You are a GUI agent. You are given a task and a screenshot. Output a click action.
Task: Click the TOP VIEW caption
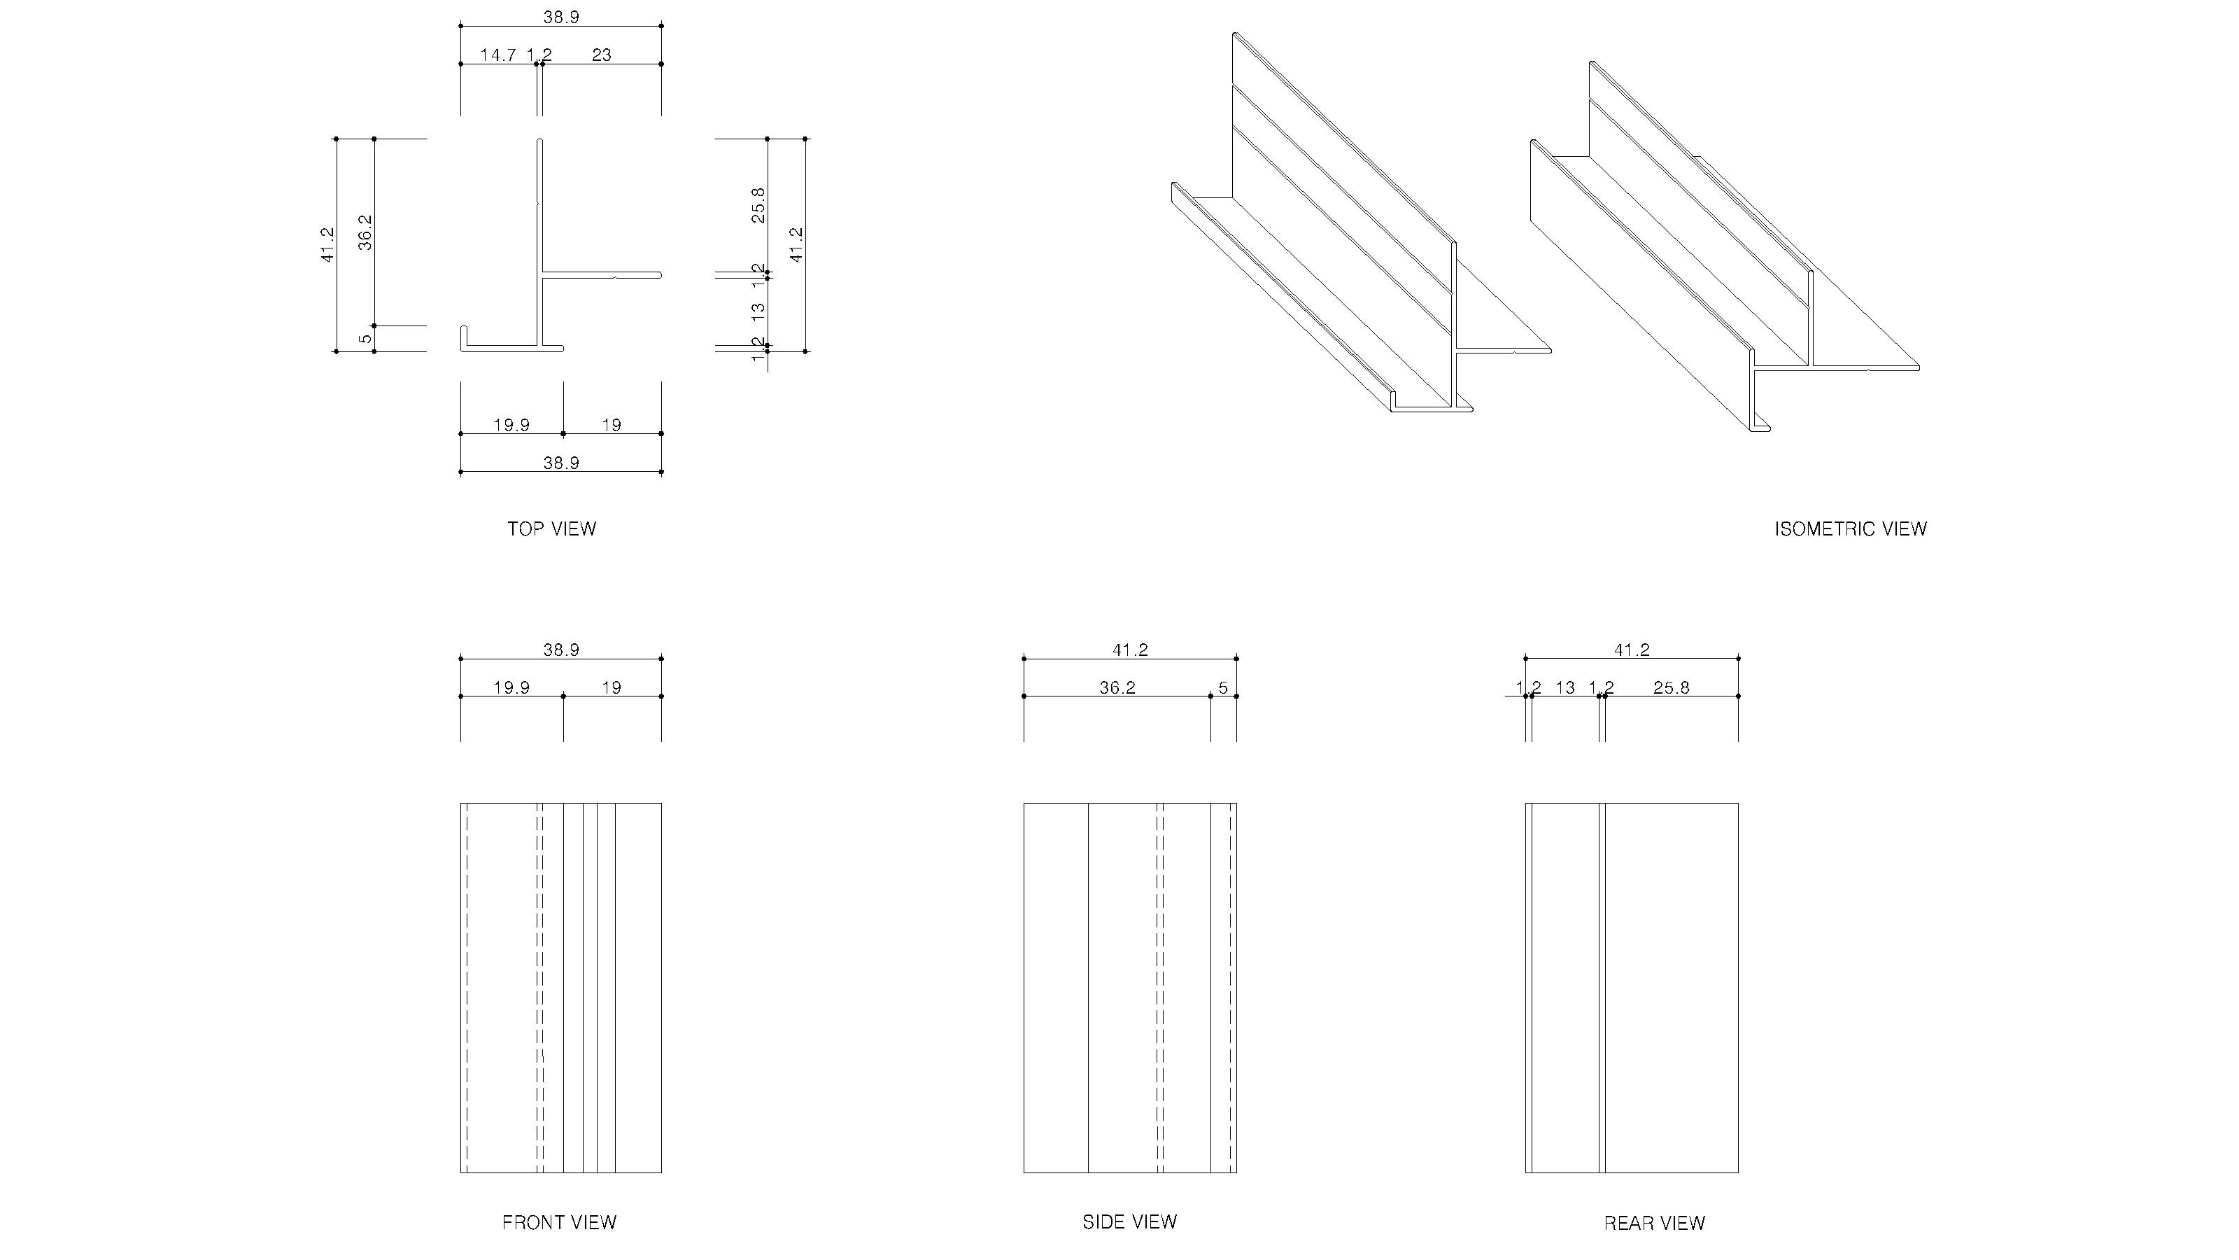[551, 528]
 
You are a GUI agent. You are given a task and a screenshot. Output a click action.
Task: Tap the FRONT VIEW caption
[559, 1223]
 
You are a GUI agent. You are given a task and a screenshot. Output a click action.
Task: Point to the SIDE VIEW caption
[1129, 1221]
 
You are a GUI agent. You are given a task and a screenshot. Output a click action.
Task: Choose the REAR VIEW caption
[1654, 1224]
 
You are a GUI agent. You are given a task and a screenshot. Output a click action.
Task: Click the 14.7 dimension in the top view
[498, 55]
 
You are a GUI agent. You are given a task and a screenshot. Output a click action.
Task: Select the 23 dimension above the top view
[602, 55]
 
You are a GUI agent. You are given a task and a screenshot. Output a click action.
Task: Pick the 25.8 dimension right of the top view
[758, 205]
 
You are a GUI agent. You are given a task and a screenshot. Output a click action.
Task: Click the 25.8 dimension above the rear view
[1671, 688]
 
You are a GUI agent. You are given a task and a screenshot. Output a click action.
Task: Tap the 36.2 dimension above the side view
[1117, 688]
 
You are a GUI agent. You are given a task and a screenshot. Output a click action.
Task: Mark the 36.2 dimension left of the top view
[366, 233]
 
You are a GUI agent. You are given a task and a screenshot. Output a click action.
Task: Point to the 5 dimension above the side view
[1223, 688]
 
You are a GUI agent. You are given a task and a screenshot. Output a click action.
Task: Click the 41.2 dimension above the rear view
[1632, 650]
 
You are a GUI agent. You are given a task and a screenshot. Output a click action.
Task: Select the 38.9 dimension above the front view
[560, 650]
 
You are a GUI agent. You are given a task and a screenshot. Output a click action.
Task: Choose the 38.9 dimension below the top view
[560, 463]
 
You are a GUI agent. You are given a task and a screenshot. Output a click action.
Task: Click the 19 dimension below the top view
[612, 425]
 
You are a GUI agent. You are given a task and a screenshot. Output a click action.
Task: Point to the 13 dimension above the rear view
[1565, 688]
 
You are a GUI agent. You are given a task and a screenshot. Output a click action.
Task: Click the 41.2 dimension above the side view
[1130, 650]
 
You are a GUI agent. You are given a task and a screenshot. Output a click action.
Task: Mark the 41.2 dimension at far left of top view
[327, 244]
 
